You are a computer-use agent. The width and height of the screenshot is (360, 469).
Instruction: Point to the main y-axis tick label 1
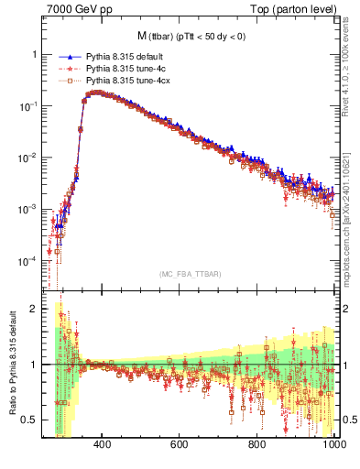(35, 54)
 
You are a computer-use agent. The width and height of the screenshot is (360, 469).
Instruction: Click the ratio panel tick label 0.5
(31, 420)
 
